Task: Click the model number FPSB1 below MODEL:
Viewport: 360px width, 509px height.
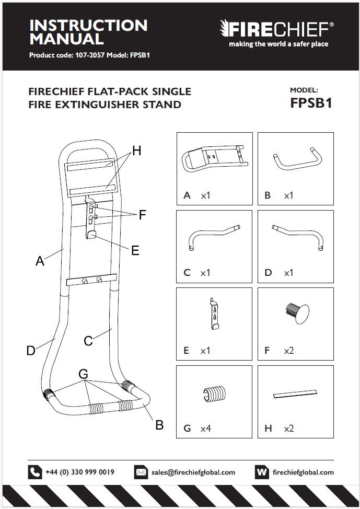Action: point(311,103)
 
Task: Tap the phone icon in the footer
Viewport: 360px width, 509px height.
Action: point(35,472)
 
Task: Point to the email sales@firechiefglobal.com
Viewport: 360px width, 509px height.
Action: point(193,472)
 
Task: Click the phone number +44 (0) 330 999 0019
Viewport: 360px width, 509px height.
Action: point(80,472)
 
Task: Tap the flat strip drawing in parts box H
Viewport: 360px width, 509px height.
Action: point(296,392)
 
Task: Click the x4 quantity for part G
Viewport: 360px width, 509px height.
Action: point(205,429)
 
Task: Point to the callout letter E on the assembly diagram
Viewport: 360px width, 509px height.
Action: point(135,251)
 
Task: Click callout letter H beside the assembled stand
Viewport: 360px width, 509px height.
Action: point(136,151)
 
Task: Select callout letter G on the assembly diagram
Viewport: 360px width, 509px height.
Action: point(84,374)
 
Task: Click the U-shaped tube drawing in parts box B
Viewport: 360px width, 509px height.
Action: point(296,159)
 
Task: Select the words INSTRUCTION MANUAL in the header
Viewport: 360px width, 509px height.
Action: point(88,32)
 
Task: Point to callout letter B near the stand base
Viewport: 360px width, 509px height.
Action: point(160,425)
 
